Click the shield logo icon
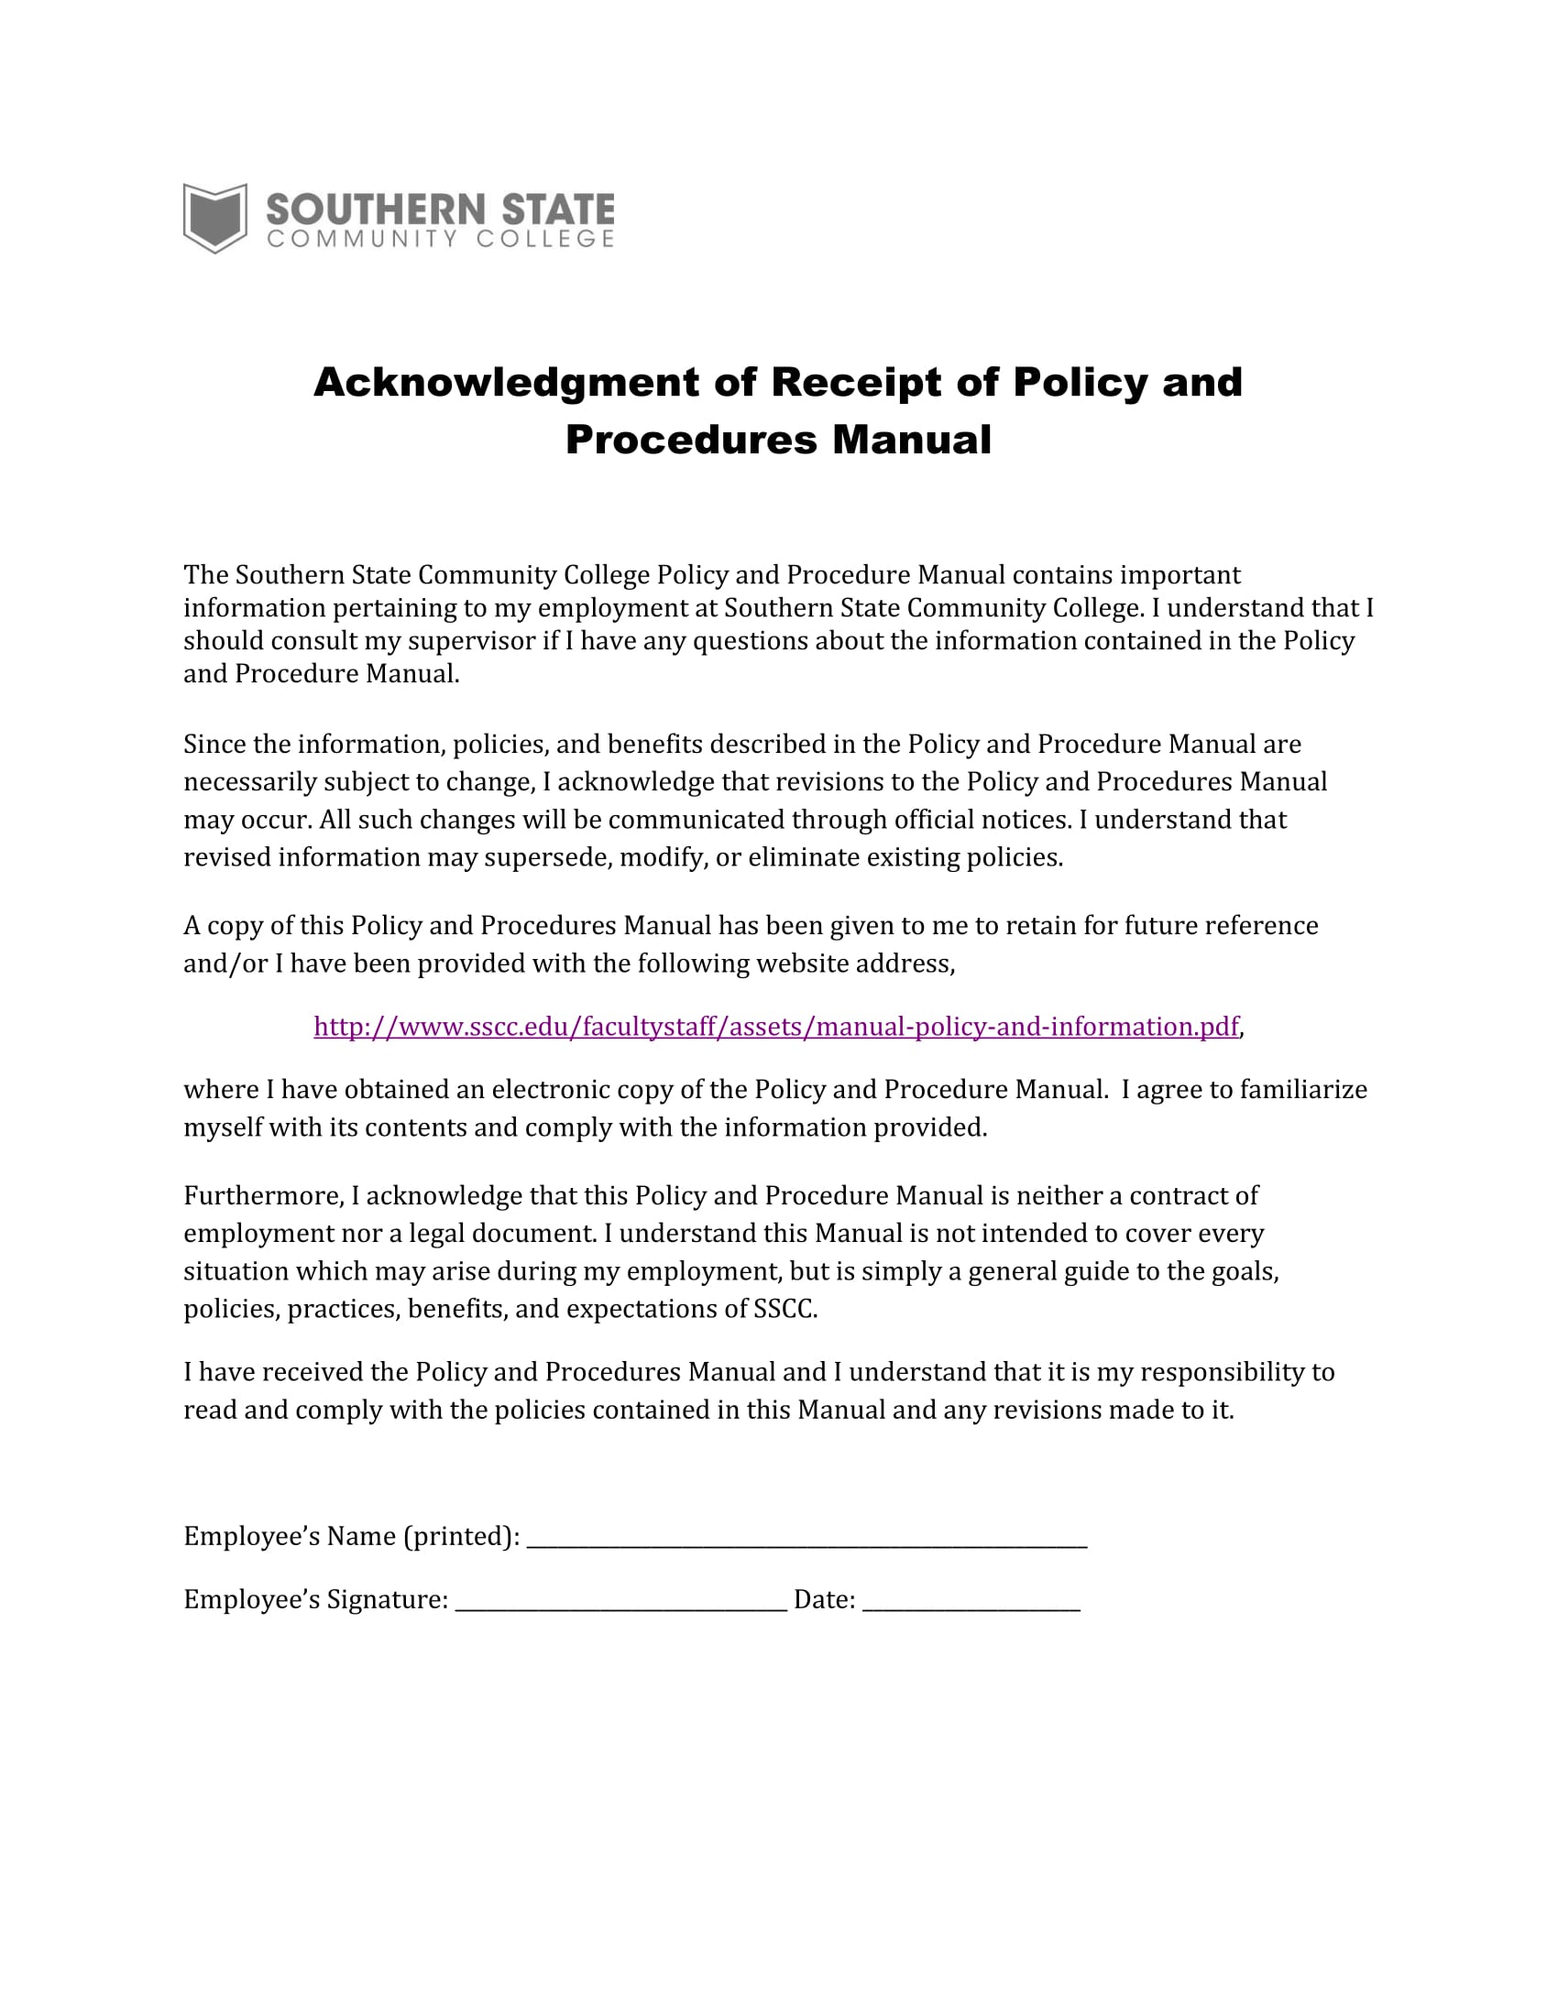coord(215,218)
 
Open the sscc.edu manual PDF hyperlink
coord(775,1027)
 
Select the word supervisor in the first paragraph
coord(472,641)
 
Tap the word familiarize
coord(1302,1090)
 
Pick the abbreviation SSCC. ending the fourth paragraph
coord(785,1309)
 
